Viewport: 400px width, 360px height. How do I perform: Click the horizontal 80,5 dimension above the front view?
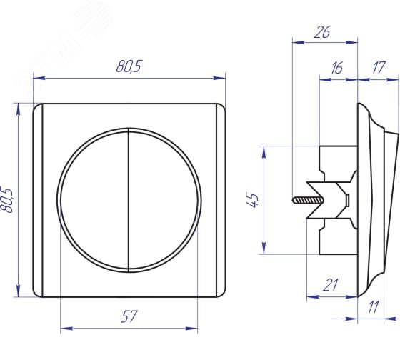pos(129,66)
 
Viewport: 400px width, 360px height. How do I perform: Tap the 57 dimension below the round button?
pos(129,316)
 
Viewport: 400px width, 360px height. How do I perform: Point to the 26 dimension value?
pos(322,32)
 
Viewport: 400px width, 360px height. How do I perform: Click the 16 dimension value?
pos(336,68)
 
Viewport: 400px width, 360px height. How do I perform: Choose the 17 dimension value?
pos(378,68)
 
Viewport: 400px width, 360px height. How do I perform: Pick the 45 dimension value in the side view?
pos(253,200)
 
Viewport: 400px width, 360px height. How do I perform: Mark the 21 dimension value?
pos(330,285)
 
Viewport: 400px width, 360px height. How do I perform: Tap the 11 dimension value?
pos(373,307)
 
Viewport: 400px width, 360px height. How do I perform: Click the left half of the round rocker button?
pos(94,200)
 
